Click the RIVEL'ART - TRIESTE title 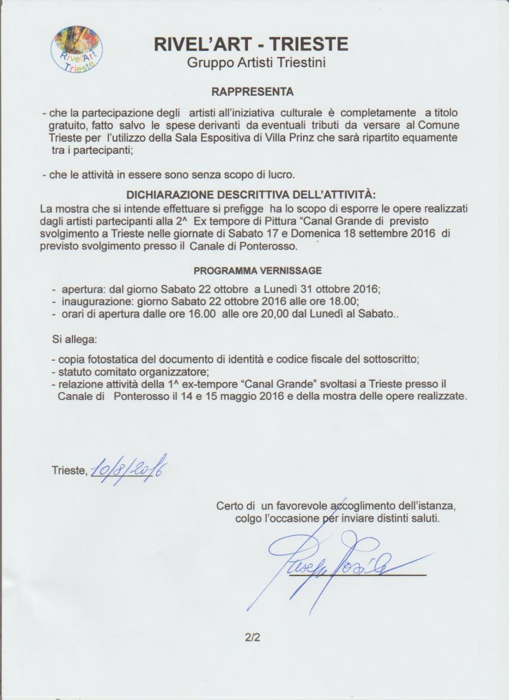pos(251,44)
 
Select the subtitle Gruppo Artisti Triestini pos(256,62)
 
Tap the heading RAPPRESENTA pos(252,92)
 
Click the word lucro pos(281,175)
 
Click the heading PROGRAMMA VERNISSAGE pos(257,271)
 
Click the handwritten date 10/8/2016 pos(129,467)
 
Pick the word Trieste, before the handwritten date pos(69,471)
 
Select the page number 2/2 pos(252,638)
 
